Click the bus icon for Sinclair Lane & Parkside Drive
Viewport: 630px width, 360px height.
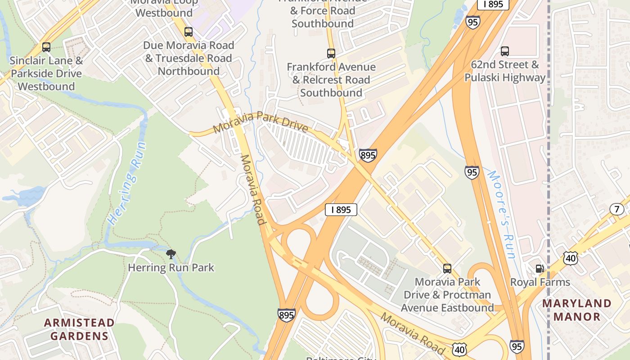coord(46,47)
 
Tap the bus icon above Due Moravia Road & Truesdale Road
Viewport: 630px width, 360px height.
coord(189,32)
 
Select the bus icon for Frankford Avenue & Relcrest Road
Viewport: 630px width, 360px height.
coord(331,54)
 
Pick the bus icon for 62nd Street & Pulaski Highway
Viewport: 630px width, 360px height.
coord(505,51)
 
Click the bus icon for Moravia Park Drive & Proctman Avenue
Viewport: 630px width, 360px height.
coord(447,269)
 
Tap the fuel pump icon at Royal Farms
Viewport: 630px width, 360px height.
coord(540,269)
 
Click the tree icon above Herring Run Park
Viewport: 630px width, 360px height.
coord(171,254)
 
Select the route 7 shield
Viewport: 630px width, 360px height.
coord(616,209)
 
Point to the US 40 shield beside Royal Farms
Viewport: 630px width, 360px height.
coord(570,258)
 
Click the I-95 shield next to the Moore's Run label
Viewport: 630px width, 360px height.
coord(472,172)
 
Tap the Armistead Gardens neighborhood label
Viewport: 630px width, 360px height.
coord(79,329)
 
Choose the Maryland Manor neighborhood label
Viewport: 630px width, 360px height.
coord(577,310)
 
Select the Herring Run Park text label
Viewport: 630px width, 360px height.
coord(171,268)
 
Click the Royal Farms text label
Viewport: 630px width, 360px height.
coord(540,282)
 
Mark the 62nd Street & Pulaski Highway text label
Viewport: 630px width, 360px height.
coord(505,71)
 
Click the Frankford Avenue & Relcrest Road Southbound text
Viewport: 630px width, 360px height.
coord(331,80)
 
